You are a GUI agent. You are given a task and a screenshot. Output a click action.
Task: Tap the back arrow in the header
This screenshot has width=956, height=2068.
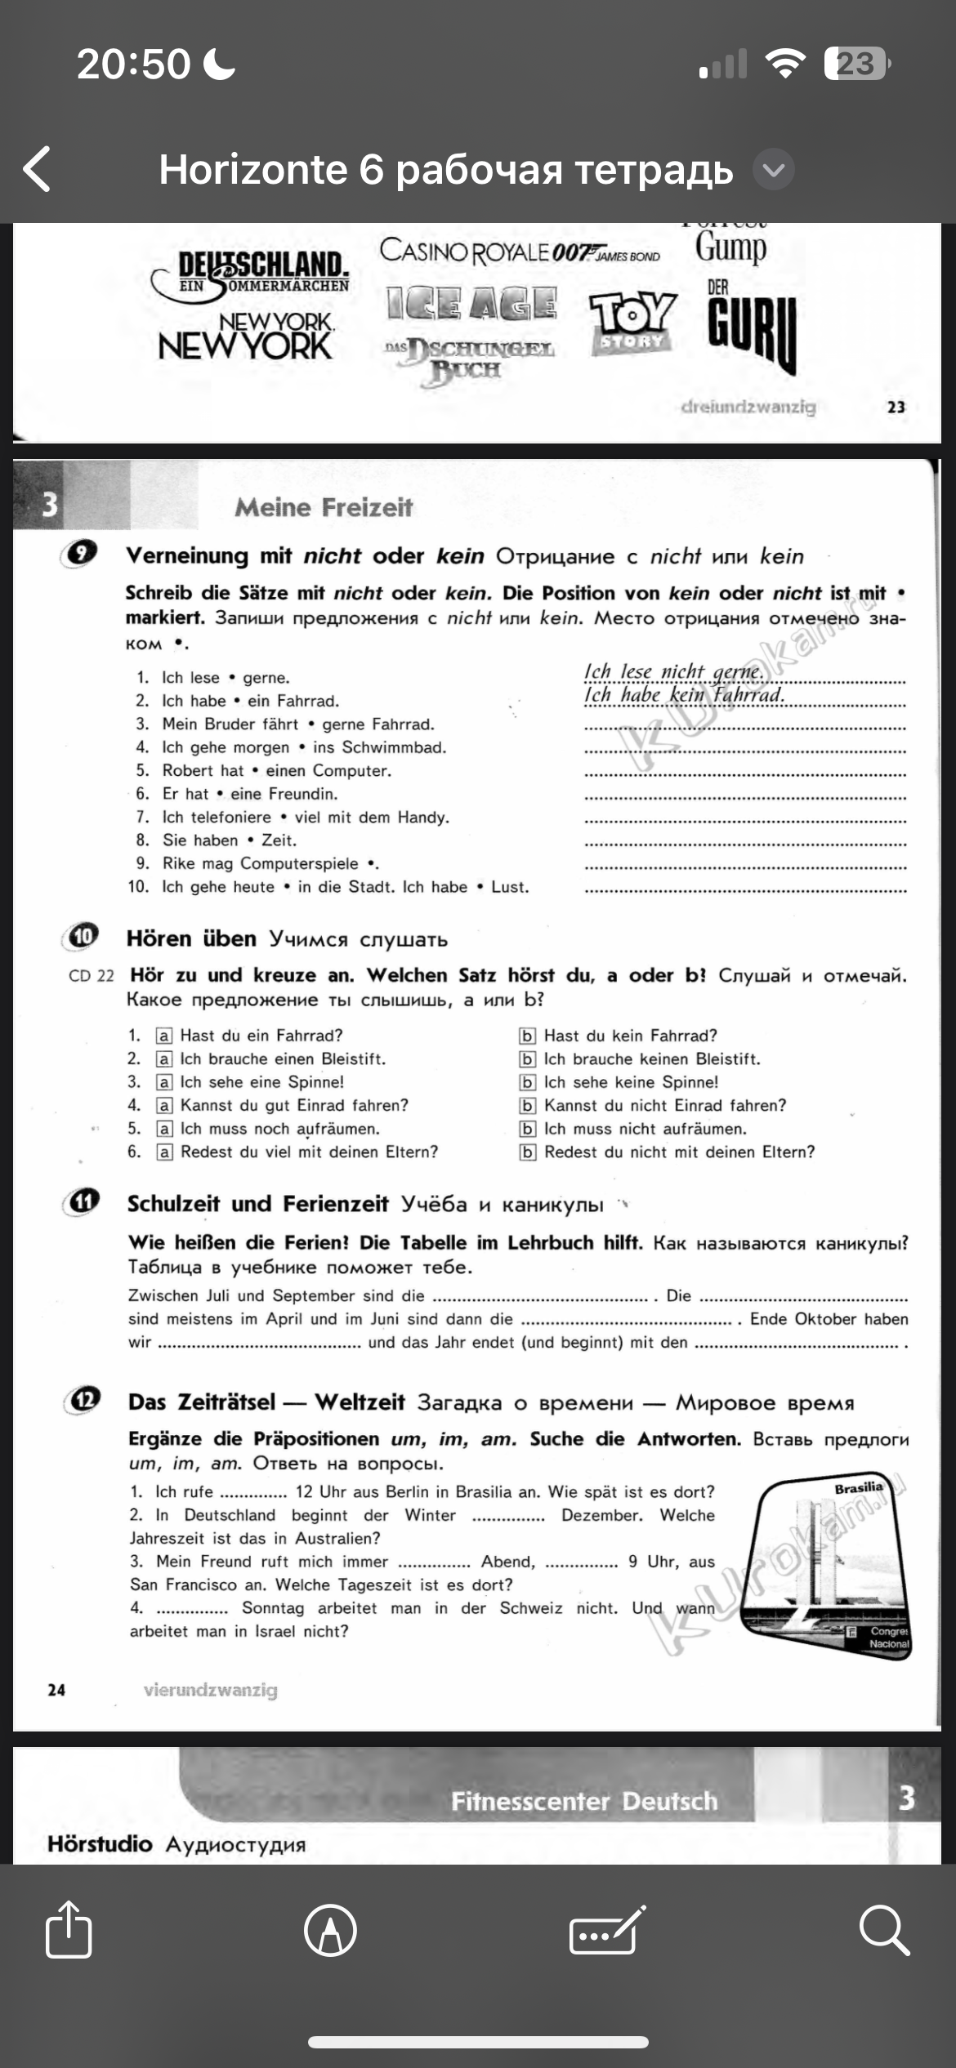coord(38,169)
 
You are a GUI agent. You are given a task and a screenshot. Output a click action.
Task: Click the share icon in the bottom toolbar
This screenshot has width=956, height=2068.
coord(69,1931)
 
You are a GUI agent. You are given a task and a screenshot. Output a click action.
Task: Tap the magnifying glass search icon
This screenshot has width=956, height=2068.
coord(884,1931)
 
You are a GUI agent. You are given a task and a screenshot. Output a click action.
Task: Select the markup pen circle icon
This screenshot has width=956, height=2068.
coord(330,1931)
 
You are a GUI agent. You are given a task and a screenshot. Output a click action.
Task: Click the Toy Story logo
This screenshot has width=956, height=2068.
coord(632,322)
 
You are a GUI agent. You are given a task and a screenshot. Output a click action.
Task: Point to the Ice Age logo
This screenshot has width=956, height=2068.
coord(471,304)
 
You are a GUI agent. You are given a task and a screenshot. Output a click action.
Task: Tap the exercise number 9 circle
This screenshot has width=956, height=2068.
coord(80,554)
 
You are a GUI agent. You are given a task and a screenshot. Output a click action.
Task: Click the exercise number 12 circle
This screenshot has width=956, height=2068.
coord(83,1400)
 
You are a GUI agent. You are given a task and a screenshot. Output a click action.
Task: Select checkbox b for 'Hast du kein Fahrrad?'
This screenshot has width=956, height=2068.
coord(528,1036)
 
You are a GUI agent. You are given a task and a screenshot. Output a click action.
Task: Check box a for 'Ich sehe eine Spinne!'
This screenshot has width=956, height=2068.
coord(164,1082)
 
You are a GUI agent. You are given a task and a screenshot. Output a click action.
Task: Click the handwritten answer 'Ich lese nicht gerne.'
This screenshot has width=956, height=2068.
coord(673,671)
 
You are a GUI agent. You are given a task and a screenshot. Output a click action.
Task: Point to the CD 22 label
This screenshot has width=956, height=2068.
coord(91,976)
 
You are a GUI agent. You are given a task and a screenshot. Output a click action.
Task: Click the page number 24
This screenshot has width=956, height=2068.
coord(56,1690)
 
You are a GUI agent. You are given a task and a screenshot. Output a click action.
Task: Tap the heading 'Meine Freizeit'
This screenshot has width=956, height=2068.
coord(324,507)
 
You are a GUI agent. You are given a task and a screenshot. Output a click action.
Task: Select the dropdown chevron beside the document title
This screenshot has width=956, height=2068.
coord(772,170)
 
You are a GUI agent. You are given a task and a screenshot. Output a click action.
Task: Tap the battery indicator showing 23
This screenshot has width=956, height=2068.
coord(856,64)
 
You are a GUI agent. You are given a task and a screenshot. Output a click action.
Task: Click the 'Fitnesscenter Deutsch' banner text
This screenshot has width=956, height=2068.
coord(583,1801)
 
